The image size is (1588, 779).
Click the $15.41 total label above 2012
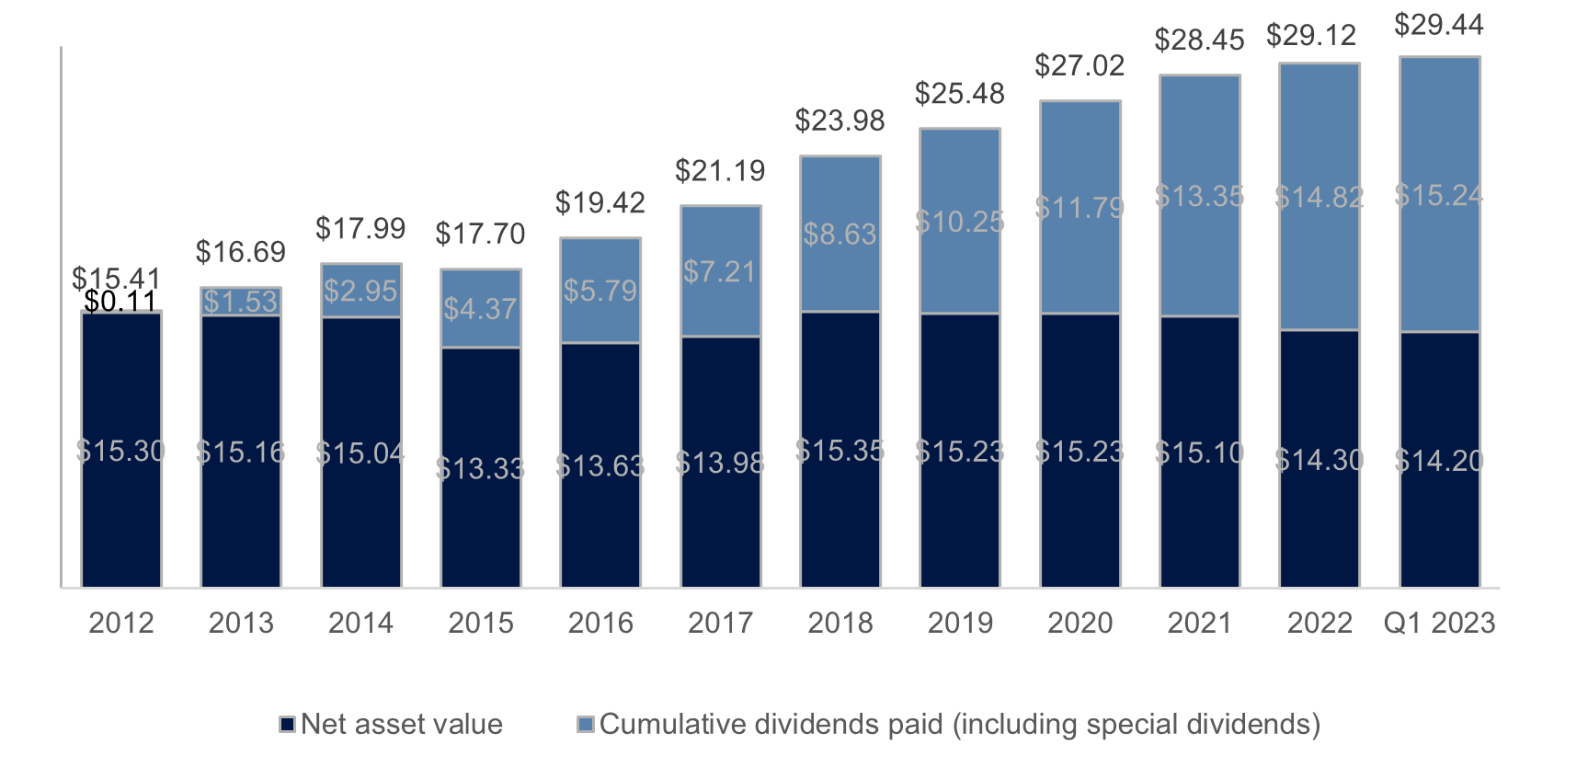point(116,278)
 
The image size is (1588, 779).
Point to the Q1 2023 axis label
point(1439,623)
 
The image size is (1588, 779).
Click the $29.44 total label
point(1438,25)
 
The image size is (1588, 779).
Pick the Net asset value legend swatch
point(287,725)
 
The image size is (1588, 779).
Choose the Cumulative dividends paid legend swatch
point(585,725)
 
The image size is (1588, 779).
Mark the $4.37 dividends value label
point(480,308)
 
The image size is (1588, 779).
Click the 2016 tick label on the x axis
point(600,623)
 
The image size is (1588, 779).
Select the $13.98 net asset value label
point(720,463)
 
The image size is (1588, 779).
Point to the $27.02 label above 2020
point(1080,65)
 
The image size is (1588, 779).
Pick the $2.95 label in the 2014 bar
point(360,291)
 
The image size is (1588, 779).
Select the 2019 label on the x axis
point(960,623)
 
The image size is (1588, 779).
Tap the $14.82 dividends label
point(1319,197)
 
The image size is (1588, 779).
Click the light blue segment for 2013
point(241,302)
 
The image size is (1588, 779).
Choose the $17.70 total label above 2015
point(480,234)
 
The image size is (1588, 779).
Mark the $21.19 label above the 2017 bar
point(720,170)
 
